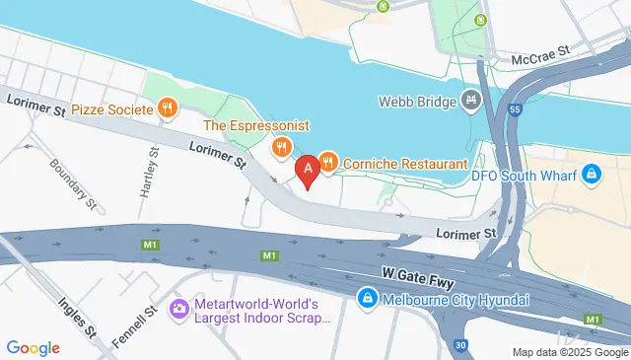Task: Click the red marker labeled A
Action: click(308, 170)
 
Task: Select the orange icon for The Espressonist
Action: click(282, 148)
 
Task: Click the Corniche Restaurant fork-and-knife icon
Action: click(328, 161)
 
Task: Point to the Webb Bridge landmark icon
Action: click(471, 101)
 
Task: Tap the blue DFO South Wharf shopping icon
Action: click(591, 176)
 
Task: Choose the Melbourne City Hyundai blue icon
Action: click(366, 297)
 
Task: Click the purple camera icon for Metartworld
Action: click(179, 310)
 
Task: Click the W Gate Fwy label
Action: click(414, 277)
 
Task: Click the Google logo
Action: click(34, 347)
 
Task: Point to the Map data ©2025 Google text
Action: click(570, 352)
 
